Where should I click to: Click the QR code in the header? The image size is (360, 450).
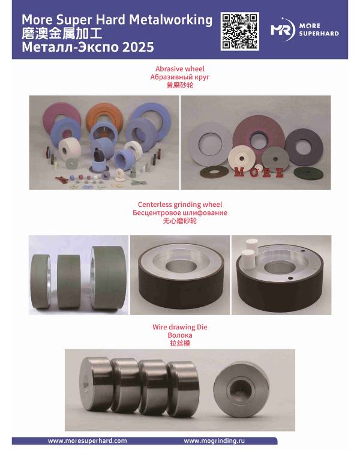(x=239, y=31)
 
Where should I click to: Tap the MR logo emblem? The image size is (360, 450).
(x=282, y=30)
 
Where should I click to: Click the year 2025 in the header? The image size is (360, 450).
(x=137, y=46)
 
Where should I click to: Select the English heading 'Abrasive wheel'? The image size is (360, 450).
(x=180, y=69)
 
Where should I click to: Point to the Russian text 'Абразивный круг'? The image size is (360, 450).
(x=180, y=77)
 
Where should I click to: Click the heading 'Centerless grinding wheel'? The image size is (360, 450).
(x=180, y=205)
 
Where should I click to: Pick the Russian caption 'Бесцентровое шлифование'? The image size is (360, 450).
(x=180, y=213)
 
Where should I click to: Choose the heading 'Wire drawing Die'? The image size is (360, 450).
(x=180, y=327)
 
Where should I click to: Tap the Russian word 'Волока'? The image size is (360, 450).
(x=180, y=335)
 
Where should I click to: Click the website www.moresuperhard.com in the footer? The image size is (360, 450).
(x=87, y=440)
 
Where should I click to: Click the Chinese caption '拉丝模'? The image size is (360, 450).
(x=180, y=344)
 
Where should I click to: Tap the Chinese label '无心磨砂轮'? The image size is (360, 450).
(x=180, y=221)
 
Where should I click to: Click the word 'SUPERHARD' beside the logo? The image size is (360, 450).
(x=319, y=34)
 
